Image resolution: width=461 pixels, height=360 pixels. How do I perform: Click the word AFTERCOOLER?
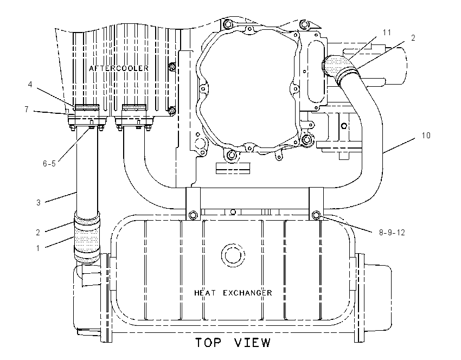pyautogui.click(x=118, y=68)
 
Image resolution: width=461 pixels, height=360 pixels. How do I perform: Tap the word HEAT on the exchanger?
pyautogui.click(x=205, y=293)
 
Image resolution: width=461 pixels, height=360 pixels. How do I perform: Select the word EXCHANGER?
pyautogui.click(x=247, y=293)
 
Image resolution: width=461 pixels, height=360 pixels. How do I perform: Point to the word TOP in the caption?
pyautogui.click(x=208, y=343)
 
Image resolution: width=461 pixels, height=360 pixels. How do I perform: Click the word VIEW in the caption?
pyautogui.click(x=253, y=343)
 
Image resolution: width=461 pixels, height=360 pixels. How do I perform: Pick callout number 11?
pyautogui.click(x=387, y=33)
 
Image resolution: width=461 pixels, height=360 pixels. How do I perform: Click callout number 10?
pyautogui.click(x=426, y=136)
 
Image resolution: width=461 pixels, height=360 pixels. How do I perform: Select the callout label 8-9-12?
pyautogui.click(x=392, y=233)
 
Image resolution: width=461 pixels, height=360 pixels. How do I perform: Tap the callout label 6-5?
pyautogui.click(x=49, y=164)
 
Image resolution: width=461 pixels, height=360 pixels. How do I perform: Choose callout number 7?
pyautogui.click(x=27, y=110)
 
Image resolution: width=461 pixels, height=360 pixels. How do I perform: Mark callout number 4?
pyautogui.click(x=30, y=85)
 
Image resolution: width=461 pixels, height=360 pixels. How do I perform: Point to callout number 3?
pyautogui.click(x=38, y=202)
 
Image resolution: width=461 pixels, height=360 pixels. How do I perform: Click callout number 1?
pyautogui.click(x=38, y=248)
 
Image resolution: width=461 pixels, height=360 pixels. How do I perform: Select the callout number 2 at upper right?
pyautogui.click(x=413, y=38)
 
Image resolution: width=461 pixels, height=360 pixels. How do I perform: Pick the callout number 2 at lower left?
pyautogui.click(x=38, y=233)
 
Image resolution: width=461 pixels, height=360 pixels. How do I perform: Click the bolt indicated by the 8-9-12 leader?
pyautogui.click(x=316, y=215)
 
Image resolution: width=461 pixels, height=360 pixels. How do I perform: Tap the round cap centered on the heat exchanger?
pyautogui.click(x=233, y=255)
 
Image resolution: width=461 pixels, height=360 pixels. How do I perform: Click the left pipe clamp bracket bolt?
pyautogui.click(x=193, y=215)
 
